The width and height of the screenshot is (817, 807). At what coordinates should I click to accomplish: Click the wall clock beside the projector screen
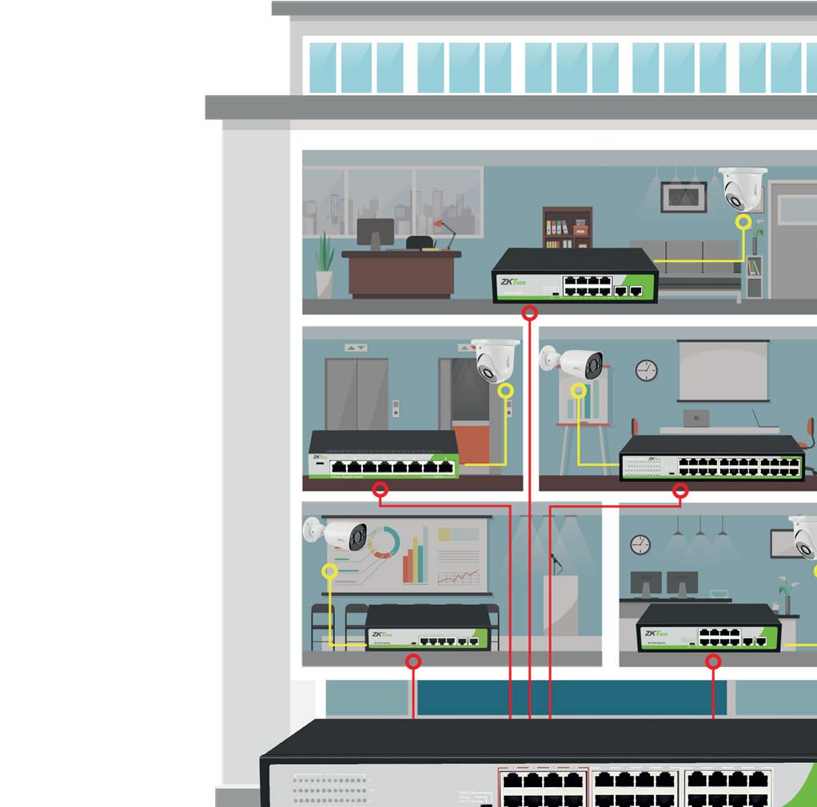click(646, 370)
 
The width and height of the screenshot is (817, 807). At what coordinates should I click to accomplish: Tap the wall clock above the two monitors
click(640, 544)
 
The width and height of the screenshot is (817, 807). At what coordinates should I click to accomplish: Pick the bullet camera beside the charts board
click(337, 534)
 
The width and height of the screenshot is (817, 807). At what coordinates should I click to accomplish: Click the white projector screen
click(723, 371)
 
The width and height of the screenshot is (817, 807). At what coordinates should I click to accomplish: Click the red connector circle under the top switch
click(529, 314)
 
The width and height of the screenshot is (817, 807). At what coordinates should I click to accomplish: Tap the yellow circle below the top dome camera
click(743, 222)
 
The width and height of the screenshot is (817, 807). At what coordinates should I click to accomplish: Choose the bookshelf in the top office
click(568, 228)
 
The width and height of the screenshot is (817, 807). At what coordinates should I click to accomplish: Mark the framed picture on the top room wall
click(683, 197)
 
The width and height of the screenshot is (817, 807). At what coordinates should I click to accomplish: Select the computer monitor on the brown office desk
click(375, 234)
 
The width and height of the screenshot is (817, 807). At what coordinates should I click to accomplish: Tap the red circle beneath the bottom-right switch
click(714, 662)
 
